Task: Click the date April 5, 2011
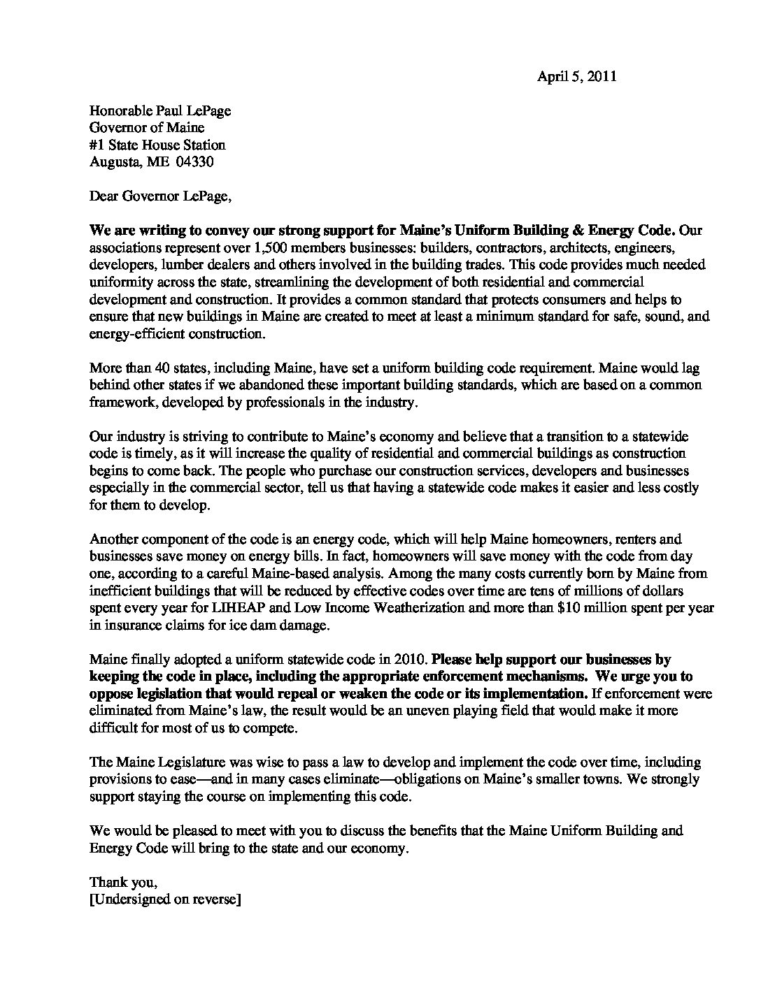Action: pyautogui.click(x=576, y=77)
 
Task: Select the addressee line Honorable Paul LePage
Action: pyautogui.click(x=160, y=110)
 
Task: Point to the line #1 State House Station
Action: pyautogui.click(x=157, y=145)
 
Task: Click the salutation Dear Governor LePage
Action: pyautogui.click(x=160, y=196)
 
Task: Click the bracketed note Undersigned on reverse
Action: pyautogui.click(x=166, y=900)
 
